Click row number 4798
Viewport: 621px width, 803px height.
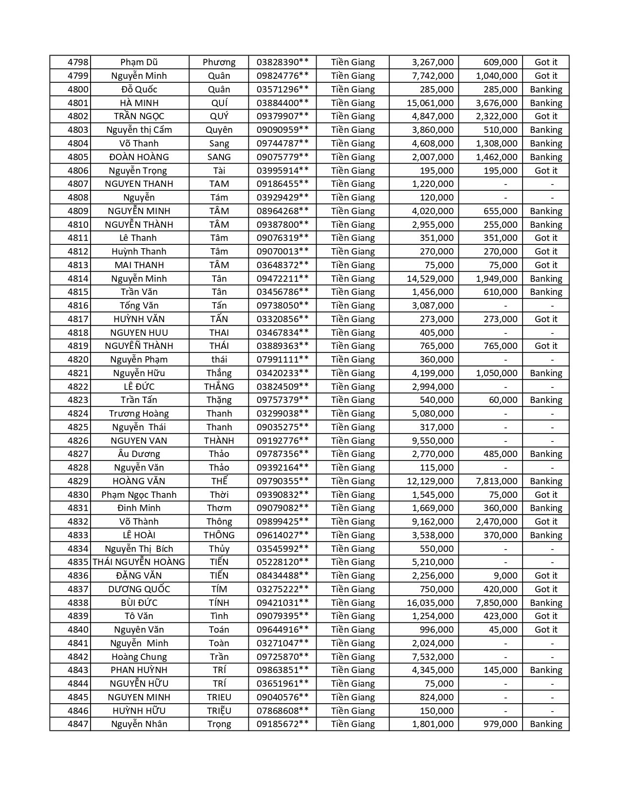[x=78, y=62]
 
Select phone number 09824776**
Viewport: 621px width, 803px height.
[x=282, y=76]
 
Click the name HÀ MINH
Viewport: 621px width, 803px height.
[x=139, y=103]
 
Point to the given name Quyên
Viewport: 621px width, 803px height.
[x=219, y=130]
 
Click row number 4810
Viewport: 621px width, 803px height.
[x=78, y=225]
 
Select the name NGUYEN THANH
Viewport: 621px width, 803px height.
[x=139, y=184]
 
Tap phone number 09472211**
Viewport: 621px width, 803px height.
[x=282, y=279]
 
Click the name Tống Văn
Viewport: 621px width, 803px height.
[x=139, y=306]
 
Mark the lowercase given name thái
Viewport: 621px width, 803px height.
[x=219, y=360]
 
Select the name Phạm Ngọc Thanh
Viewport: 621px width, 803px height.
[x=139, y=495]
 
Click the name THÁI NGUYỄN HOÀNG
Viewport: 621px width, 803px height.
[x=139, y=562]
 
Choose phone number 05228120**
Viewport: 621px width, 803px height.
[x=282, y=562]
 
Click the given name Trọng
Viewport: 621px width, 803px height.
[x=219, y=724]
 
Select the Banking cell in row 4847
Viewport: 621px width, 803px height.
[x=546, y=724]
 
